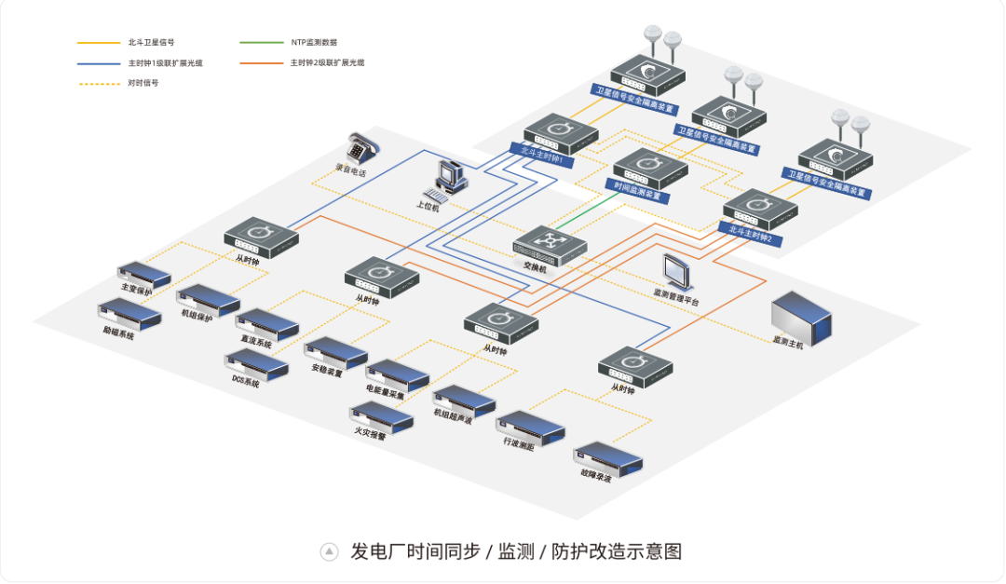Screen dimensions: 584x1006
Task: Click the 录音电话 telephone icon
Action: click(x=360, y=148)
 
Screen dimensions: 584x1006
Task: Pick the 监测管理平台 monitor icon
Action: click(x=676, y=271)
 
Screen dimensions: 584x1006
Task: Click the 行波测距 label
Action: click(x=518, y=446)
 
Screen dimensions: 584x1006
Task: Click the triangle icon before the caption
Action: click(x=329, y=551)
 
